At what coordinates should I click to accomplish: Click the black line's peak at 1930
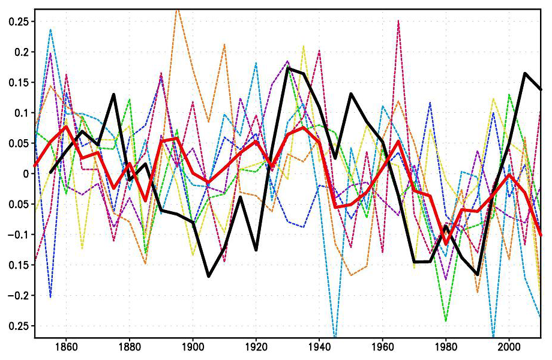(x=287, y=68)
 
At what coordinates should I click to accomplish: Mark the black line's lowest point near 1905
(x=208, y=276)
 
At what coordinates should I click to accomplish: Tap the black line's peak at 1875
(x=113, y=95)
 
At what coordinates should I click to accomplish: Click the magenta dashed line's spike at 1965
(x=398, y=21)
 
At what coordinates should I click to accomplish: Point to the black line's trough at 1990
(x=478, y=274)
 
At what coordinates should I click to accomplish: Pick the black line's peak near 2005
(x=525, y=73)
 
